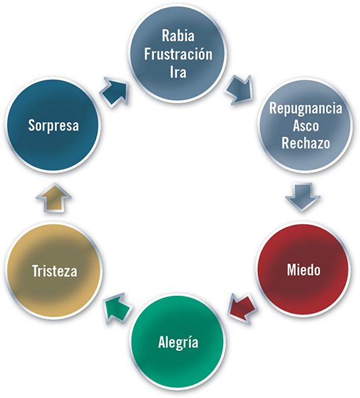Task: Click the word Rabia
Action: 178,36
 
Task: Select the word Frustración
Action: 178,54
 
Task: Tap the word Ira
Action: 178,72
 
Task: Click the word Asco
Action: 306,125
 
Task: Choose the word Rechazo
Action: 306,143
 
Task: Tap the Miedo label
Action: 304,269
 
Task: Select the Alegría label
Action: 178,343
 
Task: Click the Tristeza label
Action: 54,271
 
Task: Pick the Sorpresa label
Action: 54,125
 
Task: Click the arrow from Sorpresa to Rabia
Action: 115,92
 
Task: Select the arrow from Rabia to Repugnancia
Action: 239,90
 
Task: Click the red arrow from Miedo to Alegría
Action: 243,308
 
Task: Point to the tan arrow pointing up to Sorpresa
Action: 54,197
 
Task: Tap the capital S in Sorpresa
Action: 31,125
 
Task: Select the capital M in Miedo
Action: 292,269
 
